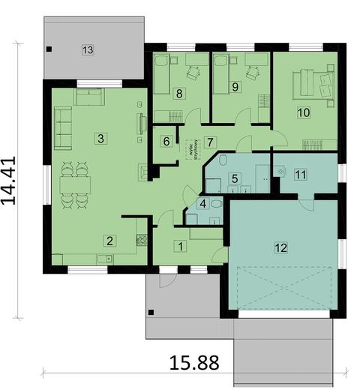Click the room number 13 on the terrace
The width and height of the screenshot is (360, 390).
[88, 49]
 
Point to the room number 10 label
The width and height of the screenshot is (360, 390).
[304, 112]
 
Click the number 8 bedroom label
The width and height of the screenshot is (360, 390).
[179, 94]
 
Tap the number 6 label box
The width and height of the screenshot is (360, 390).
[166, 141]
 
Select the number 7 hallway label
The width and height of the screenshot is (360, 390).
[211, 141]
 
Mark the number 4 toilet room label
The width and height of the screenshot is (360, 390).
[202, 202]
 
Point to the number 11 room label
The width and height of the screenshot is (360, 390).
[301, 175]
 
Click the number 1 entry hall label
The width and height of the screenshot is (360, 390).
[180, 245]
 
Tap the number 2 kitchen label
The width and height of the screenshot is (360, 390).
[109, 241]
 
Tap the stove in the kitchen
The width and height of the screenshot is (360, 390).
[139, 241]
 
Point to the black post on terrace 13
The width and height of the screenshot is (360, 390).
[49, 49]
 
